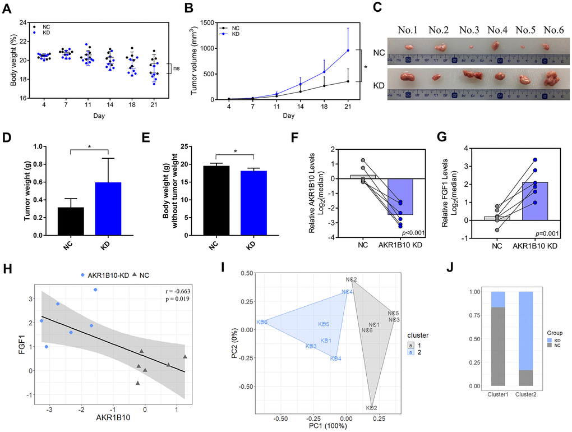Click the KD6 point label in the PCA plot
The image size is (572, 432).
[261, 322]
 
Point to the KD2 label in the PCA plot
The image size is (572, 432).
[371, 408]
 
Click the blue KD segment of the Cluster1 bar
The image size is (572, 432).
[497, 300]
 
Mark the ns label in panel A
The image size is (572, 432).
[176, 68]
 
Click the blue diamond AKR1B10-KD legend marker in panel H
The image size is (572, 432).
[82, 274]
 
